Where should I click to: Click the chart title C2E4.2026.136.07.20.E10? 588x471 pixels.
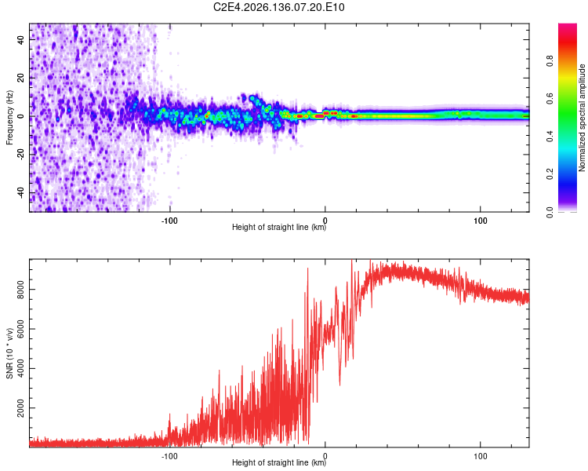point(278,7)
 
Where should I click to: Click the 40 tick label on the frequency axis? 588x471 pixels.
point(20,39)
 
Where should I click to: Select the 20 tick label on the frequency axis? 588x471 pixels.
point(20,78)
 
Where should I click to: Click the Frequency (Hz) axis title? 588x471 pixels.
point(9,118)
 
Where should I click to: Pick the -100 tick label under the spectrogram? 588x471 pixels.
point(169,221)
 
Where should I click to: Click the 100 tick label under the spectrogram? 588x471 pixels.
point(481,221)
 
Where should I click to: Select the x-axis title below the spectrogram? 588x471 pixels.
point(279,227)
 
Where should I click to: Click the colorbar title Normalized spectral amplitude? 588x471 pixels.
point(582,118)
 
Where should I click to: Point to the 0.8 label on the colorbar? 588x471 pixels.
point(550,61)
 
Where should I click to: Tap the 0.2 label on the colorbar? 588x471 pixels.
point(550,174)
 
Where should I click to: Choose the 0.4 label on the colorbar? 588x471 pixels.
point(550,137)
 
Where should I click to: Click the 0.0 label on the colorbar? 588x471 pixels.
point(550,212)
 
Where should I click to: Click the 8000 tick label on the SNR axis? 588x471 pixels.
point(20,290)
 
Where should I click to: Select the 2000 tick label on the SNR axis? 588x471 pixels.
point(20,408)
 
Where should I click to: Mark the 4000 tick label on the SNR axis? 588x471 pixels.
point(20,368)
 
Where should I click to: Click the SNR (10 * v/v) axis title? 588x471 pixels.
point(9,353)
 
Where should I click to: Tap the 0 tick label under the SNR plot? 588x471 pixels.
point(325,456)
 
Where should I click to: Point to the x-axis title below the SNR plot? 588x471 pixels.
point(279,462)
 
